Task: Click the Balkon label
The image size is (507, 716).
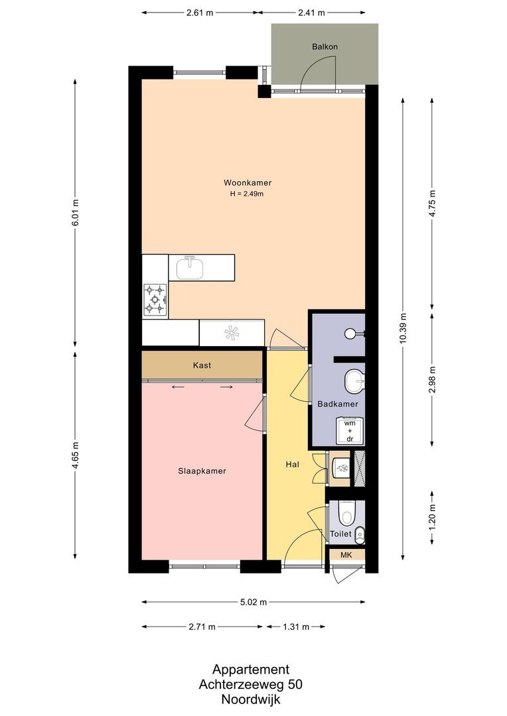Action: (325, 47)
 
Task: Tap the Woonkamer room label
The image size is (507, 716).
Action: (248, 183)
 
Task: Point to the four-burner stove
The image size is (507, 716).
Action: (155, 298)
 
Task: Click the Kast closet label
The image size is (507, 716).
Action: (202, 365)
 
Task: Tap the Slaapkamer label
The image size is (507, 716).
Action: (202, 471)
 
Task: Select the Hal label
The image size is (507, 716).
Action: (292, 465)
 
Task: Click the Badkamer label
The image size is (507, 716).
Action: (338, 404)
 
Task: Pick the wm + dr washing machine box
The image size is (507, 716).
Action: (349, 430)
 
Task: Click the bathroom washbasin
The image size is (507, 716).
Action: (353, 381)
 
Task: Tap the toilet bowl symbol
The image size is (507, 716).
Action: (346, 512)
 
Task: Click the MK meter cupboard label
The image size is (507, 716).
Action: (346, 555)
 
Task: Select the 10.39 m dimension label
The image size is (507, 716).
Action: (402, 328)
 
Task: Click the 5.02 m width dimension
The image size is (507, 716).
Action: (254, 602)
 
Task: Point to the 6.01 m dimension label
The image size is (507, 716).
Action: (75, 213)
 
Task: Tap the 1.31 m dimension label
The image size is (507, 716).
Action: (295, 626)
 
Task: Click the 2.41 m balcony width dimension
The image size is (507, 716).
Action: (311, 13)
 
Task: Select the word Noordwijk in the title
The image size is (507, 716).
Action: (251, 698)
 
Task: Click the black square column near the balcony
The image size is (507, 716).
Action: (264, 91)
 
